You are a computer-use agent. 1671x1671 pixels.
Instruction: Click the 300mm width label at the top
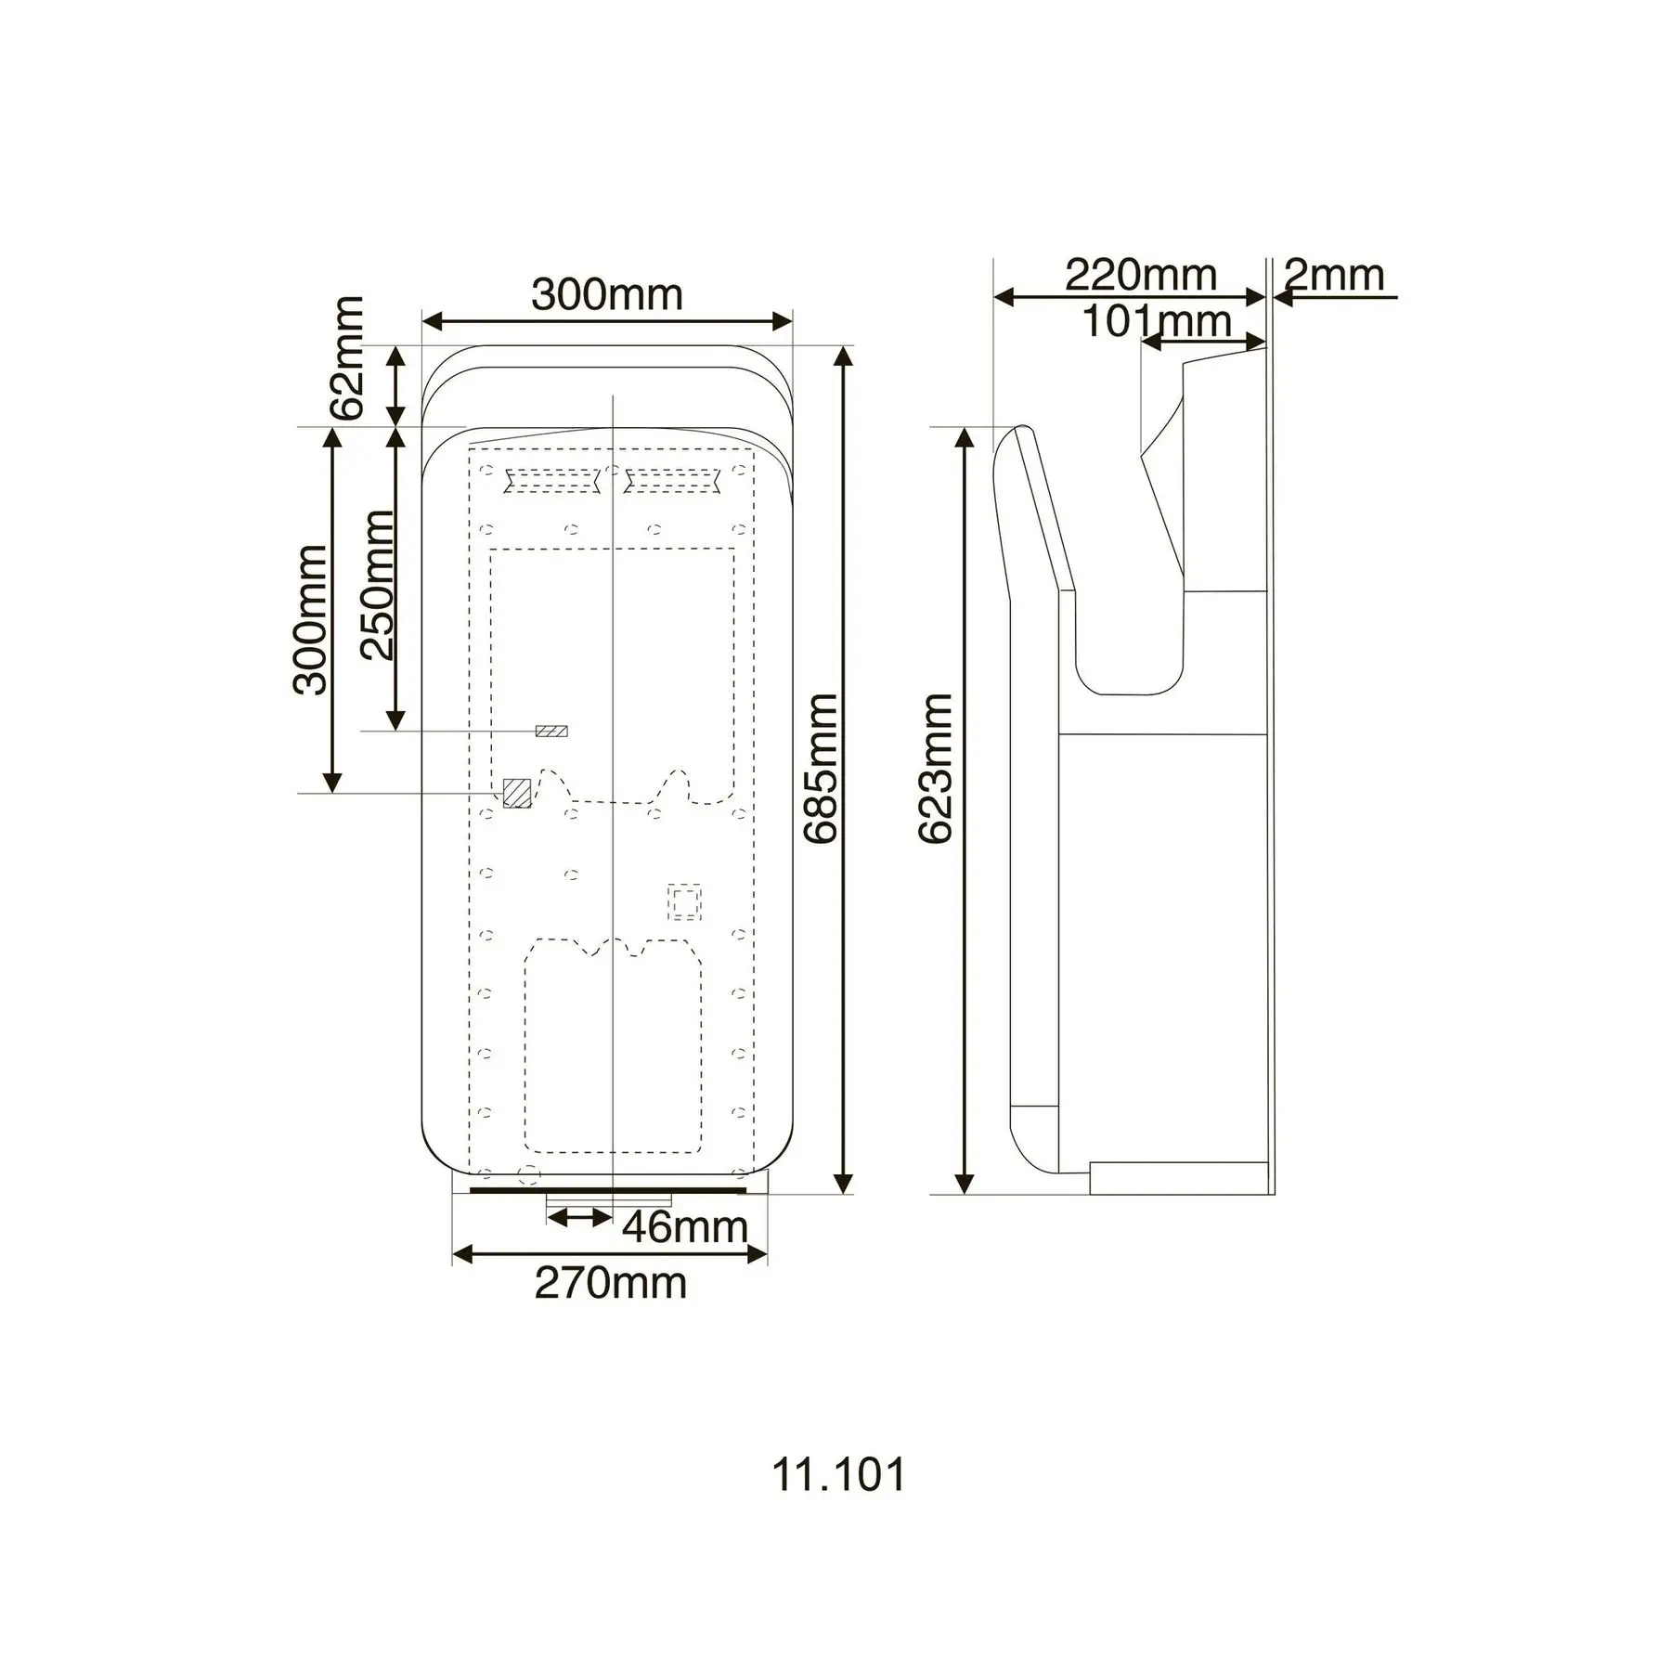point(607,295)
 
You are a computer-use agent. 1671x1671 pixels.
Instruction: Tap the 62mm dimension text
point(348,358)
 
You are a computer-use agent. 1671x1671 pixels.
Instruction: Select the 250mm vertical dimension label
point(377,585)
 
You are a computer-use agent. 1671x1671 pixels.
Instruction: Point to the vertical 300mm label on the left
point(310,620)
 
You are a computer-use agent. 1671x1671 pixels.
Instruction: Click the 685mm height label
point(821,769)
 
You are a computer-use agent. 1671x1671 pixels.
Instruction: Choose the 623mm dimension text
point(935,769)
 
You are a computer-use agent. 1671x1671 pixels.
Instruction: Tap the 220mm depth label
point(1140,275)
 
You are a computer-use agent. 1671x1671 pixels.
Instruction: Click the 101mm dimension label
point(1157,321)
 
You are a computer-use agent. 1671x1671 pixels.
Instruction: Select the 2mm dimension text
point(1333,275)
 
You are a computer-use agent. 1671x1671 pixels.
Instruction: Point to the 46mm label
point(684,1227)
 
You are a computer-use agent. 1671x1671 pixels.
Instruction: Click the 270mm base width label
point(610,1283)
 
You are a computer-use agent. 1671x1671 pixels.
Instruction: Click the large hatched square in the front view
point(516,793)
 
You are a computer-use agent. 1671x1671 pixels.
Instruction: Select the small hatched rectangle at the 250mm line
point(551,732)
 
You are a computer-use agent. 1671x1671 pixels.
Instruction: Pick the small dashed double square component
point(685,900)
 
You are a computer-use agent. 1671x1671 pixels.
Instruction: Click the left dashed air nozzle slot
point(551,481)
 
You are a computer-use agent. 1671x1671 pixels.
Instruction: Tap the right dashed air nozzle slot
point(672,481)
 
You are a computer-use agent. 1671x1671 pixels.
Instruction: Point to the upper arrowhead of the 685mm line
point(843,356)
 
